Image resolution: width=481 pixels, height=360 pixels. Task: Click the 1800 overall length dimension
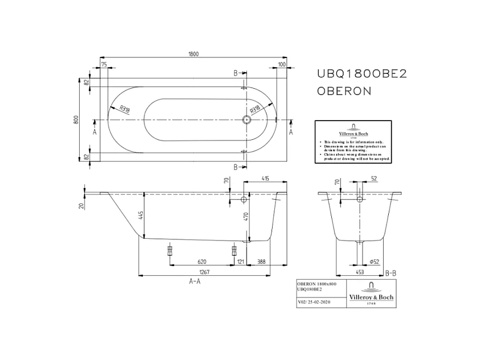click(194, 54)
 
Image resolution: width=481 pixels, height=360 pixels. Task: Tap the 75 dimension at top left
click(104, 65)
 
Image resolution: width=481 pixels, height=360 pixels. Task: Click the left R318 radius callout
click(121, 107)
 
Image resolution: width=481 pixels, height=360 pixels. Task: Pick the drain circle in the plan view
click(246, 120)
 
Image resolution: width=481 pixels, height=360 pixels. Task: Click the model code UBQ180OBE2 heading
click(361, 73)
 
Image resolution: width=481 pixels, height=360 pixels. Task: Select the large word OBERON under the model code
click(344, 90)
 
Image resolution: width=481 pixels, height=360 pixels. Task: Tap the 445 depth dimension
click(141, 215)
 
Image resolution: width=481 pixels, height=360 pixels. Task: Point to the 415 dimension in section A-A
click(265, 179)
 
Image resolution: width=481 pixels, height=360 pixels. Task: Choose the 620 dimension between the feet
click(202, 262)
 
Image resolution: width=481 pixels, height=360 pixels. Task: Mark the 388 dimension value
click(261, 262)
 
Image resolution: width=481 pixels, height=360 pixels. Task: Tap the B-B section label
click(390, 273)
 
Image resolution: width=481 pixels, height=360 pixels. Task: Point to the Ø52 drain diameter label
click(375, 262)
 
